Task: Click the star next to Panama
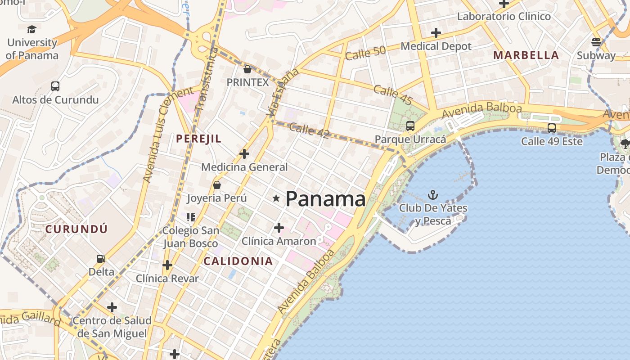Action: pyautogui.click(x=276, y=198)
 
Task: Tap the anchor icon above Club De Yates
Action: pyautogui.click(x=432, y=195)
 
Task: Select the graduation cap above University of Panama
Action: pyautogui.click(x=31, y=30)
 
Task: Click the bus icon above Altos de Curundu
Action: pyautogui.click(x=55, y=86)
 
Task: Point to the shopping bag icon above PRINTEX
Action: pyautogui.click(x=247, y=69)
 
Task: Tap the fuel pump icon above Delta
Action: pyautogui.click(x=101, y=259)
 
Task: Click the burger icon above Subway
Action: pyautogui.click(x=596, y=42)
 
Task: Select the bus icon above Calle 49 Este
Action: pyautogui.click(x=552, y=128)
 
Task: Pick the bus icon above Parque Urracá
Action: pyautogui.click(x=410, y=126)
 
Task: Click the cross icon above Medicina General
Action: pyautogui.click(x=244, y=154)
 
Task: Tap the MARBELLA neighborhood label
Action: pyautogui.click(x=526, y=55)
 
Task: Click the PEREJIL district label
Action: pyautogui.click(x=199, y=139)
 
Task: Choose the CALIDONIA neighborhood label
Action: pyautogui.click(x=238, y=261)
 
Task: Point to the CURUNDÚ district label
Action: pyautogui.click(x=76, y=229)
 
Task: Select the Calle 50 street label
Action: pyautogui.click(x=365, y=53)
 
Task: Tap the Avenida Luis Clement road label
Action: pyautogui.click(x=167, y=135)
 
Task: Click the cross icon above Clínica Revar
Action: pyautogui.click(x=167, y=265)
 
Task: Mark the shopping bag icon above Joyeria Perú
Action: pyautogui.click(x=217, y=185)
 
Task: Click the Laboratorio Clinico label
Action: pyautogui.click(x=504, y=17)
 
